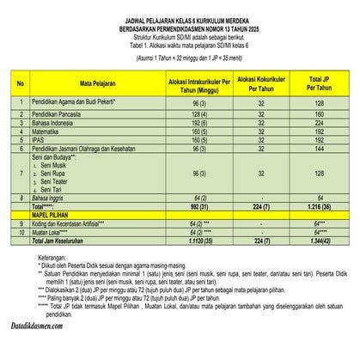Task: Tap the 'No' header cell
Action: click(x=20, y=85)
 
